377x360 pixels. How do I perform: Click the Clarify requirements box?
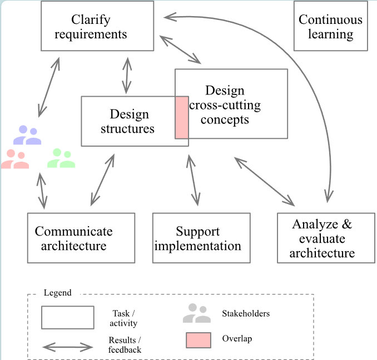(x=98, y=26)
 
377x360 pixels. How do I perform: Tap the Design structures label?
(x=129, y=122)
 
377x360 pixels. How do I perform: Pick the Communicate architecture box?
(x=81, y=238)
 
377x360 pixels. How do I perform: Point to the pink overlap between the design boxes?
(x=182, y=117)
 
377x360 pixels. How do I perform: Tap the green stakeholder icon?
(x=61, y=158)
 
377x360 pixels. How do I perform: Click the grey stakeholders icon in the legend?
(x=197, y=314)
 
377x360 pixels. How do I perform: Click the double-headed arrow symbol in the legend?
(x=67, y=347)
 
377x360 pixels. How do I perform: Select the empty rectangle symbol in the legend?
(x=67, y=317)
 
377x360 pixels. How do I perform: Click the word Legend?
(x=57, y=293)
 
